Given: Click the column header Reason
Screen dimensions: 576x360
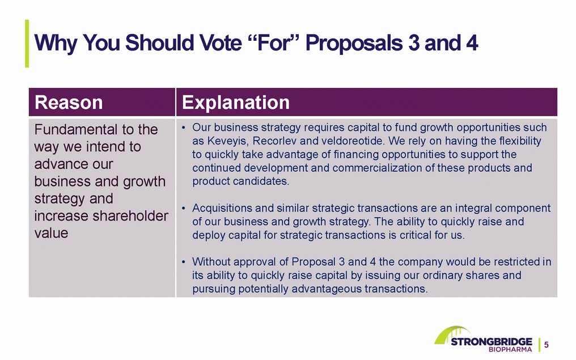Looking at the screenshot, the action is pos(69,103).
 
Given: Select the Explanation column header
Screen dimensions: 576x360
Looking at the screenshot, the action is pos(236,103).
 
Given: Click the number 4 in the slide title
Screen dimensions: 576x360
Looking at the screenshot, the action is pos(472,43).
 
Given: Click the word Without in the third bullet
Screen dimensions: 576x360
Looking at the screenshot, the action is pos(211,262).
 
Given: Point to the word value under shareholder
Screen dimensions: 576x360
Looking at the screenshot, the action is pos(51,233).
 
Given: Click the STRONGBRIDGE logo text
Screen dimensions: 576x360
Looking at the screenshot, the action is pos(491,342).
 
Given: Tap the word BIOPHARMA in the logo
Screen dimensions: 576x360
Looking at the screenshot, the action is pos(510,349).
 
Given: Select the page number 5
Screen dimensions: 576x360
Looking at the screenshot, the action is pos(547,345).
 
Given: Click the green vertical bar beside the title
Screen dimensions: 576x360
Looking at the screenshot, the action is pos(27,43).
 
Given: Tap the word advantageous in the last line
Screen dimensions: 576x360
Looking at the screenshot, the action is pos(327,289).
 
